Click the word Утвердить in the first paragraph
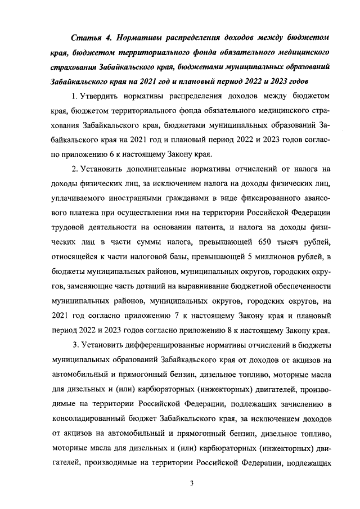[x=101, y=96]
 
